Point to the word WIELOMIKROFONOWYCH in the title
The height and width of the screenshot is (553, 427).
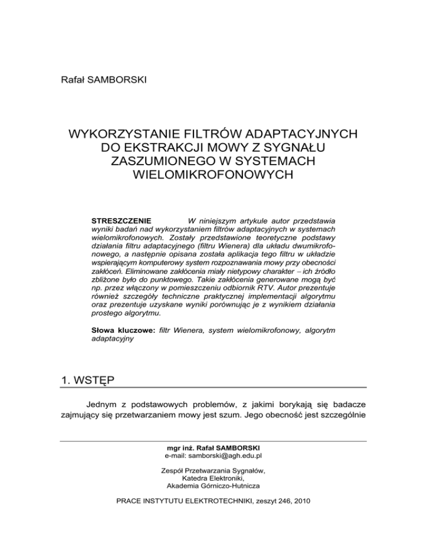coord(213,176)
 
